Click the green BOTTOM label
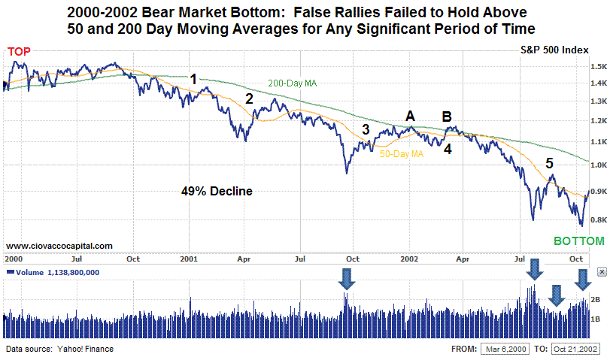tap(578, 241)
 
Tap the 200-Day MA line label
tap(292, 83)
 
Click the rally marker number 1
tap(193, 79)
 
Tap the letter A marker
tap(410, 116)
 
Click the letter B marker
tap(447, 116)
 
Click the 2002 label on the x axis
tap(409, 259)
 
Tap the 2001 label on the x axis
tap(188, 259)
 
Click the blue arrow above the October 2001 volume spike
tap(347, 280)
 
